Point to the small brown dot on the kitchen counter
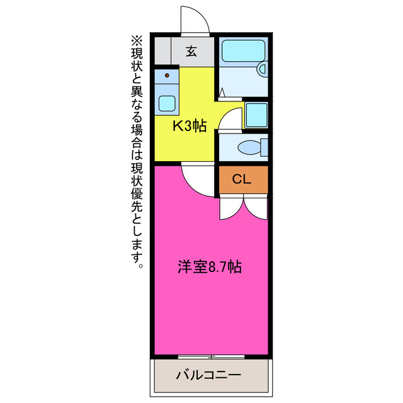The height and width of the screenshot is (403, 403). [x=167, y=75]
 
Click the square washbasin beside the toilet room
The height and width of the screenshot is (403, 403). [x=255, y=115]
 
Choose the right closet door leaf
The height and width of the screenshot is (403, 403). [x=256, y=206]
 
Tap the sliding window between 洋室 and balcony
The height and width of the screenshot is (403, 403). [x=213, y=356]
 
